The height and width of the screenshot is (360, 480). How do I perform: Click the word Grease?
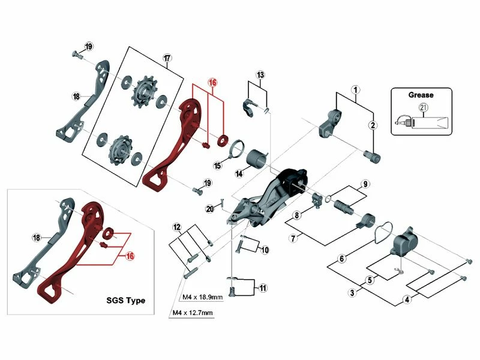[421, 94]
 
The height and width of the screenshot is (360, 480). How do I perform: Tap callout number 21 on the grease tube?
[424, 108]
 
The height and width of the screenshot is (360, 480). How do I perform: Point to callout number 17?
[167, 58]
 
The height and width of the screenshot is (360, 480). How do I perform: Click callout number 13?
[260, 75]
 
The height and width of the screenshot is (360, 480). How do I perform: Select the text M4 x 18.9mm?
[202, 298]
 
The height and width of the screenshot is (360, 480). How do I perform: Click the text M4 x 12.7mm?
[192, 313]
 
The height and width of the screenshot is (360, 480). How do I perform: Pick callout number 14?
[239, 173]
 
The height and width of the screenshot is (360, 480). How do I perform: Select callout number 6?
[341, 259]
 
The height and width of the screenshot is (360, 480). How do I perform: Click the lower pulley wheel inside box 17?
[118, 146]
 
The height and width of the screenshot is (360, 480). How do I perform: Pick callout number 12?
[176, 227]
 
